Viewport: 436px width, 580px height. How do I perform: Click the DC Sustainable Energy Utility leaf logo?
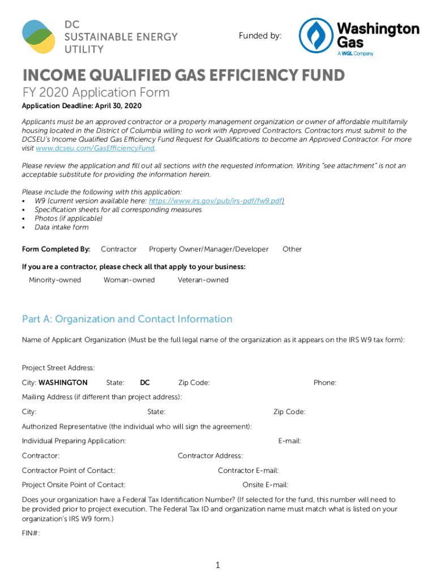click(x=39, y=37)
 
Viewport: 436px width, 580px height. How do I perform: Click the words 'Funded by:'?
click(x=260, y=36)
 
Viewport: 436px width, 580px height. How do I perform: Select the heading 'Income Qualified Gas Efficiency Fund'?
click(x=183, y=75)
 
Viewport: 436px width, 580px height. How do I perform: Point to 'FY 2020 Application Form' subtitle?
click(x=96, y=92)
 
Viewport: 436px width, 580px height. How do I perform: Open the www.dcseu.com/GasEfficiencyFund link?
click(x=95, y=148)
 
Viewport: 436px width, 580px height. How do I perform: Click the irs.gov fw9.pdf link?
click(x=216, y=201)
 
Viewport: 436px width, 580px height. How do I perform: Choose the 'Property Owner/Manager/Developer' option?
click(x=208, y=249)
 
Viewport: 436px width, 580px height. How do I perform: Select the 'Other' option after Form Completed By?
click(x=292, y=249)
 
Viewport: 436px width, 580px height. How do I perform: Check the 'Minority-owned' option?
click(x=55, y=280)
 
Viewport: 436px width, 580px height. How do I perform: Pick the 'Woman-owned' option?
click(x=129, y=280)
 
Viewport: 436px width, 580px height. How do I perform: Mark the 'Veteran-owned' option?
click(x=203, y=280)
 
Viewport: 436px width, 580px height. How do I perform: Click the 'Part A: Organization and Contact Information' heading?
click(x=127, y=319)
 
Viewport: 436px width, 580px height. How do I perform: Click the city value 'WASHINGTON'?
click(x=63, y=383)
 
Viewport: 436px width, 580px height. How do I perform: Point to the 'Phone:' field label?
click(x=325, y=383)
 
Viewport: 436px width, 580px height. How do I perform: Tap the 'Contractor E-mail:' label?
click(x=248, y=471)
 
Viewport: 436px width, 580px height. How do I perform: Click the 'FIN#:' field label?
click(x=31, y=534)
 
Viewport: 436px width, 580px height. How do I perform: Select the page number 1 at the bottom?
click(x=217, y=565)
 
